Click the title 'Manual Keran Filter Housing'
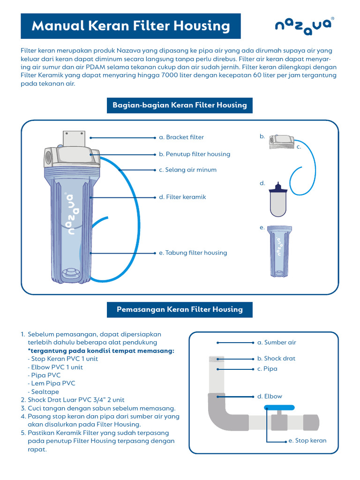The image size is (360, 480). coord(131,26)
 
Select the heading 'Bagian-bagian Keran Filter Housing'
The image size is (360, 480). coord(180,105)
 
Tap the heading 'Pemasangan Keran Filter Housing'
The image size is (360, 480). coord(180,309)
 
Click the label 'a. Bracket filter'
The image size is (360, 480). coord(181,137)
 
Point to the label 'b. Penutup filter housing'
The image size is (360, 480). coord(194,154)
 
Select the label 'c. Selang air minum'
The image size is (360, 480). coord(187,170)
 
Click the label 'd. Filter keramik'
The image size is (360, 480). coord(182,197)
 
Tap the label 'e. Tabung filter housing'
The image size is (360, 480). coord(193,253)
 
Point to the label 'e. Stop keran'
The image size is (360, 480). coord(307,441)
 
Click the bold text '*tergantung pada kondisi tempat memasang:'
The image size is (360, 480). coord(101,351)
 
